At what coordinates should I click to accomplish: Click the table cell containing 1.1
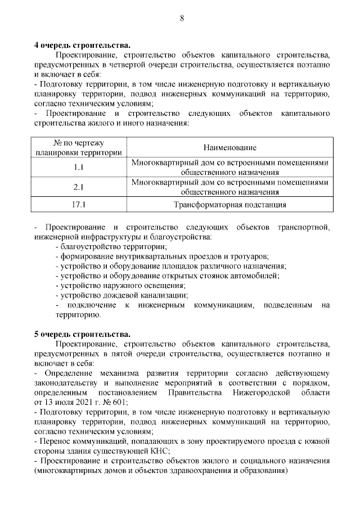[x=79, y=167]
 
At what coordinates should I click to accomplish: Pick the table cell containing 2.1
[x=79, y=187]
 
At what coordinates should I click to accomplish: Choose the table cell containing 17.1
[x=79, y=205]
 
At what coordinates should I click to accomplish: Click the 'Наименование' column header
[x=230, y=147]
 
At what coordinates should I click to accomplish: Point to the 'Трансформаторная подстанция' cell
[x=230, y=205]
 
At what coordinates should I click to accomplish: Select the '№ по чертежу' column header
[x=79, y=143]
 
